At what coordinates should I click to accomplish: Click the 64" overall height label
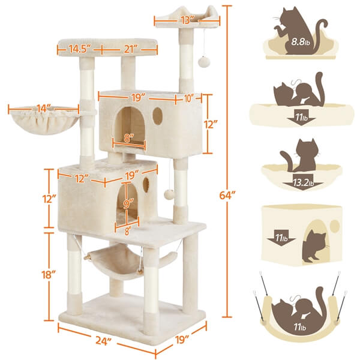click(x=227, y=196)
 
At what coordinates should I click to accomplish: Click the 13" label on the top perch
click(x=187, y=20)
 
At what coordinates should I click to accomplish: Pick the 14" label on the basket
click(x=44, y=108)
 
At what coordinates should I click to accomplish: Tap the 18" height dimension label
click(x=49, y=275)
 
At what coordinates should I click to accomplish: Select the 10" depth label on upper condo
click(x=188, y=99)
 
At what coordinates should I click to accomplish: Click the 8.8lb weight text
click(x=301, y=42)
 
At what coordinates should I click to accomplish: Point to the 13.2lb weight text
click(x=303, y=183)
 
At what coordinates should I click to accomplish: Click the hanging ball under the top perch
click(x=203, y=62)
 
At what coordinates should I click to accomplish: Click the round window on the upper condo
click(x=157, y=116)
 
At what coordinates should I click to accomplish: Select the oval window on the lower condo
click(x=146, y=185)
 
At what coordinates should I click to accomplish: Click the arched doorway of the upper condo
click(x=130, y=125)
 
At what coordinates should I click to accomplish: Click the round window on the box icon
click(x=335, y=226)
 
